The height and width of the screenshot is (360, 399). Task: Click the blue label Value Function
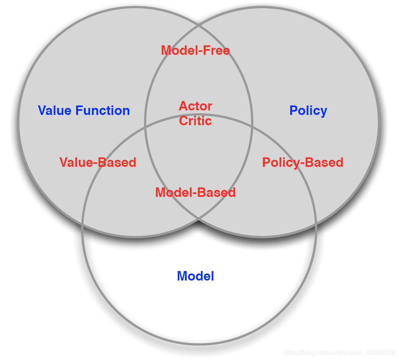(84, 110)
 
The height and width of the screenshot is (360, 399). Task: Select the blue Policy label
(308, 110)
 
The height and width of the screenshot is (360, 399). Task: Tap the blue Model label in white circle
(195, 276)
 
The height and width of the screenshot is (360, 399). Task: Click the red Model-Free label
(195, 50)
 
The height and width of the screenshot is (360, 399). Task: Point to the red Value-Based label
(98, 162)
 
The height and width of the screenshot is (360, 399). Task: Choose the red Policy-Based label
(303, 162)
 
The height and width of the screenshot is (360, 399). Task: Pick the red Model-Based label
(195, 192)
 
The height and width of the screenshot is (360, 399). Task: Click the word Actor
(196, 106)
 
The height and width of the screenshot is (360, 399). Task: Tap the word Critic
(196, 121)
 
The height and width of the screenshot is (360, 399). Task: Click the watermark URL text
(339, 353)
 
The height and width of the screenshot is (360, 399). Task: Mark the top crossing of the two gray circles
(199, 26)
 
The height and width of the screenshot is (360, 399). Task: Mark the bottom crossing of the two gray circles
(199, 219)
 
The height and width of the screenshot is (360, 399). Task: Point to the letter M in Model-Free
(166, 50)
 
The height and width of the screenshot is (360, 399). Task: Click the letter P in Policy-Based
(266, 162)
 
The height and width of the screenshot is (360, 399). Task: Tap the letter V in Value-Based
(64, 162)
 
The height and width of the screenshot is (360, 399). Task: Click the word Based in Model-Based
(218, 192)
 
